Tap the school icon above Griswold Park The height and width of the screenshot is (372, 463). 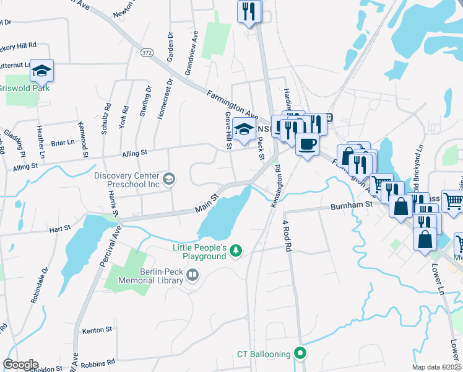41,71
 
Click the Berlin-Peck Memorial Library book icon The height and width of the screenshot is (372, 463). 193,274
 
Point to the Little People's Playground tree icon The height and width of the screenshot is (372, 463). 235,250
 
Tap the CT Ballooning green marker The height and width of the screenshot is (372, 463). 301,354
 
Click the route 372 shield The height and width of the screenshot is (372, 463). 147,51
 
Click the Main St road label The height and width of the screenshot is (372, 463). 207,204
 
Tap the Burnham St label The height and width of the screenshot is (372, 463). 349,203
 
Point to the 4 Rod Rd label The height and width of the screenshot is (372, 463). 287,234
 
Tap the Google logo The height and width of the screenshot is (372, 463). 20,365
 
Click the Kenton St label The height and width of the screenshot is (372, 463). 96,330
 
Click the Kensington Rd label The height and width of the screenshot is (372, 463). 276,185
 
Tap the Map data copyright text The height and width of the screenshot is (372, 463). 437,367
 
